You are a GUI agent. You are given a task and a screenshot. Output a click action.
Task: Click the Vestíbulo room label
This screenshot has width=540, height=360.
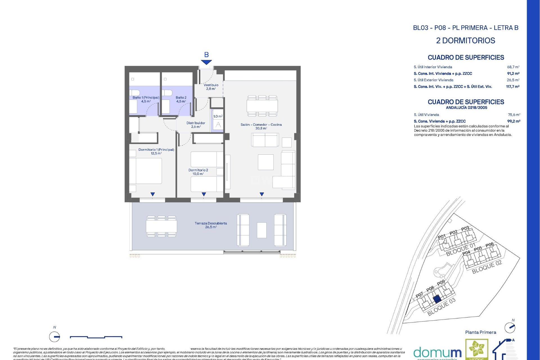tap(211, 87)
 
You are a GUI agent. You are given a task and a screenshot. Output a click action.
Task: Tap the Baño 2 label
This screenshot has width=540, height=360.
tap(181, 99)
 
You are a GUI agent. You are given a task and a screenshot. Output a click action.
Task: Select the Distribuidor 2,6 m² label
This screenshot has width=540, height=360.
tap(196, 125)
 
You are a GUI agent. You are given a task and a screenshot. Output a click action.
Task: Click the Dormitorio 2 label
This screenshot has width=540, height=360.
tap(198, 172)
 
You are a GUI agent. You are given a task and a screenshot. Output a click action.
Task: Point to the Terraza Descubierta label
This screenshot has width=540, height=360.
tap(211, 225)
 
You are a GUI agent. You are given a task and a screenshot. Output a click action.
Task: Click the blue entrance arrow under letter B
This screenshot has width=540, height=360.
tap(206, 62)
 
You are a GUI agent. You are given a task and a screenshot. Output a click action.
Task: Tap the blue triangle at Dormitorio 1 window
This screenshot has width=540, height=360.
tap(152, 194)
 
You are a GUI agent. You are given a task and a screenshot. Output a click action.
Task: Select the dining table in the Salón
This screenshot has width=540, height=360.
tap(262, 106)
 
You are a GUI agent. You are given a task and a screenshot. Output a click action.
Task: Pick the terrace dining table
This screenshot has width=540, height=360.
tap(161, 226)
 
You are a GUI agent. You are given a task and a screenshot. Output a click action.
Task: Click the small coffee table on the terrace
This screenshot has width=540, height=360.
tap(262, 230)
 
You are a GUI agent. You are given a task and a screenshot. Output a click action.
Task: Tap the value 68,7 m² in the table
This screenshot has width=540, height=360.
tap(513, 67)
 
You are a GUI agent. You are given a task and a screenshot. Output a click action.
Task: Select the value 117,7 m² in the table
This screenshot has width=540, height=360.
tap(512, 87)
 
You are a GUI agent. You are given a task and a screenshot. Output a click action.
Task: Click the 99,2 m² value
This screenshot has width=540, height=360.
tap(513, 121)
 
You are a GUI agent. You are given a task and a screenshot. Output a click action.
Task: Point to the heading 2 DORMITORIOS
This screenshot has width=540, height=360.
tap(465, 40)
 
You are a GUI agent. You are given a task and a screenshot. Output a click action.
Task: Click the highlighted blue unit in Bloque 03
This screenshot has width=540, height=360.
tap(436, 299)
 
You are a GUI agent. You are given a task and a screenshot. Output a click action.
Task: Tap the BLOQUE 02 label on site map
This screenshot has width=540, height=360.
tap(487, 267)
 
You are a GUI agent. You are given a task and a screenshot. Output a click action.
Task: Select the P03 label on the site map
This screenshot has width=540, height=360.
tap(465, 228)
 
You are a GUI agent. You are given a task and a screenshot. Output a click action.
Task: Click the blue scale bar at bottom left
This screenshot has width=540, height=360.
tap(96, 337)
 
